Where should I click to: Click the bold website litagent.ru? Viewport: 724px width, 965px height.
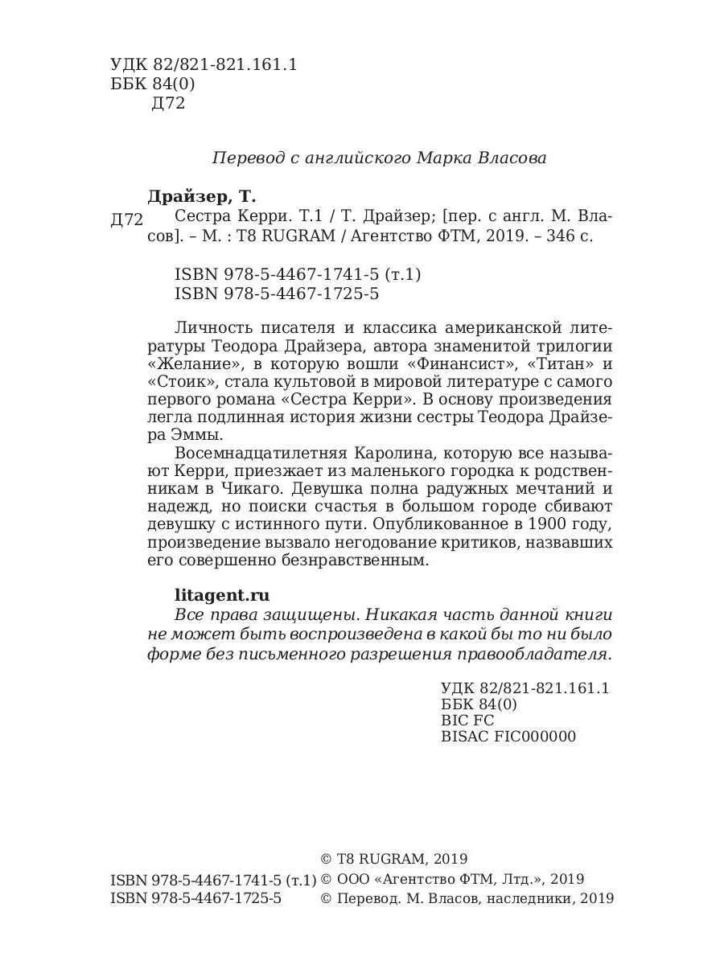[222, 595]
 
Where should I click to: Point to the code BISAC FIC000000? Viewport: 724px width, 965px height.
[508, 736]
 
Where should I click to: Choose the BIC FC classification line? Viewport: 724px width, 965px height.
[467, 720]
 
